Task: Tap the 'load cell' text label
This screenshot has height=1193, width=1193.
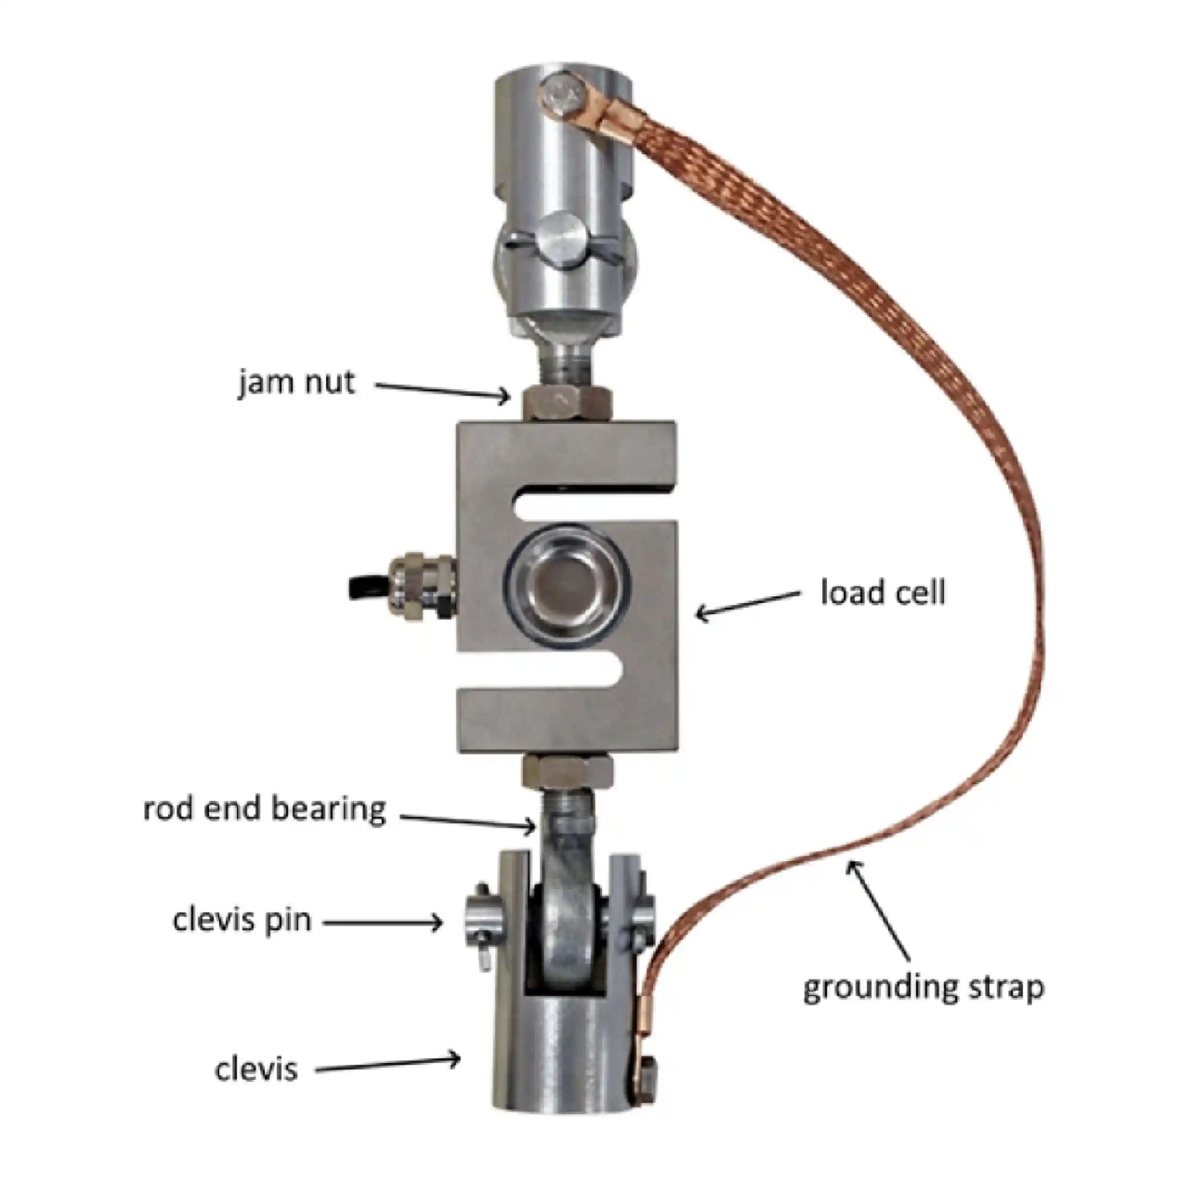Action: [x=883, y=592]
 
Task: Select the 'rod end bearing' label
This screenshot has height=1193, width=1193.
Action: [x=265, y=809]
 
